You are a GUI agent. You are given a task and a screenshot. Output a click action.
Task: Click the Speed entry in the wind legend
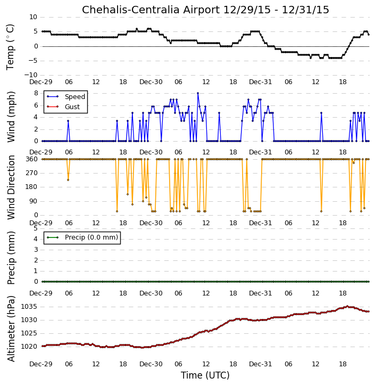tap(75, 97)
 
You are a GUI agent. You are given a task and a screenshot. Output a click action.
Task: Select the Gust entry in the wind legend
tap(72, 107)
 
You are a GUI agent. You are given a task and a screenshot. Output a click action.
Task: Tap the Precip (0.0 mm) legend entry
tap(91, 237)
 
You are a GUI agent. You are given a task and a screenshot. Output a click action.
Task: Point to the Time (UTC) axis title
tap(205, 375)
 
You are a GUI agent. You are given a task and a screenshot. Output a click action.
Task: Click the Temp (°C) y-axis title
tap(10, 47)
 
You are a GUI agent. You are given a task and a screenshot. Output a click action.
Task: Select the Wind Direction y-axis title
tap(11, 187)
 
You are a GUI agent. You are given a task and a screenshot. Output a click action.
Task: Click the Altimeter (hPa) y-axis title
tap(11, 328)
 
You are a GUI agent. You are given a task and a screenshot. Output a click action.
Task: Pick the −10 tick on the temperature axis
tap(31, 75)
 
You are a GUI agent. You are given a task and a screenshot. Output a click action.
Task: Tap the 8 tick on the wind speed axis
tap(36, 93)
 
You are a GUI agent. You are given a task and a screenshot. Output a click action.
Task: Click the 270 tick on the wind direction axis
tap(32, 173)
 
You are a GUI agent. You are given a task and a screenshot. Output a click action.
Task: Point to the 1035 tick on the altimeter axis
tap(29, 307)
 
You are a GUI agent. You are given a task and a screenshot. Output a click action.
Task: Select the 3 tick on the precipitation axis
tap(36, 250)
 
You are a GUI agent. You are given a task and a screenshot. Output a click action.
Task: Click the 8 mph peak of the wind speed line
tap(198, 93)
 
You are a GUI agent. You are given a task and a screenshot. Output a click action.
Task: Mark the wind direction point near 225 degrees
tap(68, 180)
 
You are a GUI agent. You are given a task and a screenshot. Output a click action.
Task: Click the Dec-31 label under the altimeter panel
tap(261, 364)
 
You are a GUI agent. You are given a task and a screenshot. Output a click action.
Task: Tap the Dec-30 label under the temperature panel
tap(151, 82)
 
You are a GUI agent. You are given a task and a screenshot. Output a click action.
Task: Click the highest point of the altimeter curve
tap(347, 306)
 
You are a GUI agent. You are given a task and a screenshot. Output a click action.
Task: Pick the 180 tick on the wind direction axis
tap(32, 187)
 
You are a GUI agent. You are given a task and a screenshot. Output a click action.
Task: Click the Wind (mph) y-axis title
tap(11, 117)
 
